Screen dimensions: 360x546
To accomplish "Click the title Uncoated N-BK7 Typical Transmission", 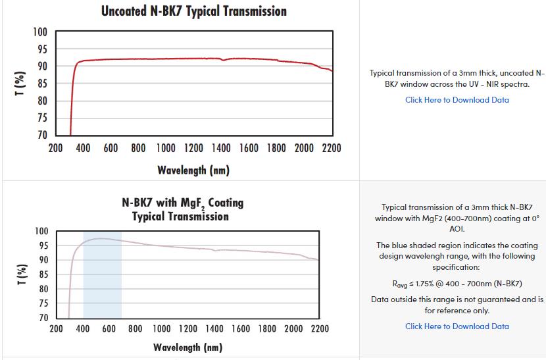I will (x=193, y=11).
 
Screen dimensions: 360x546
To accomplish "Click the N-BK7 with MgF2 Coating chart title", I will (x=182, y=209).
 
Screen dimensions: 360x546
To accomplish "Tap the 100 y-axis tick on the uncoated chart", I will (x=40, y=32).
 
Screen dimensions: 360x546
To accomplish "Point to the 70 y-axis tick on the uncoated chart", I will (x=41, y=135).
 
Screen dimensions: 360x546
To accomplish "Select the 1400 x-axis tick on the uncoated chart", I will (x=221, y=148).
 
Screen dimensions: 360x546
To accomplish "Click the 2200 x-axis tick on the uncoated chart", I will (x=332, y=148).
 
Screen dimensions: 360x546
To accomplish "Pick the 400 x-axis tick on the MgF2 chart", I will (x=83, y=328).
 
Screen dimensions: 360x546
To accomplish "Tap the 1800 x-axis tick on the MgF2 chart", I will (x=267, y=328).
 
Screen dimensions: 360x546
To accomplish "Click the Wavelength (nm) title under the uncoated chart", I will (x=193, y=170).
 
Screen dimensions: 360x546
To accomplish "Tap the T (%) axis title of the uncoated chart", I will (x=20, y=84).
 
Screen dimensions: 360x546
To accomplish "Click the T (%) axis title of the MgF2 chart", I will (x=20, y=274).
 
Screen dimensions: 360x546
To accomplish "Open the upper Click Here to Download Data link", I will (x=457, y=100).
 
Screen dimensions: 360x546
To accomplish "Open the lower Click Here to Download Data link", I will (x=457, y=326).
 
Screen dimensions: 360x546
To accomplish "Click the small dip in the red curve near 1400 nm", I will (x=224, y=61).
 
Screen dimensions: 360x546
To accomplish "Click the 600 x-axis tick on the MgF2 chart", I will (x=109, y=328).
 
